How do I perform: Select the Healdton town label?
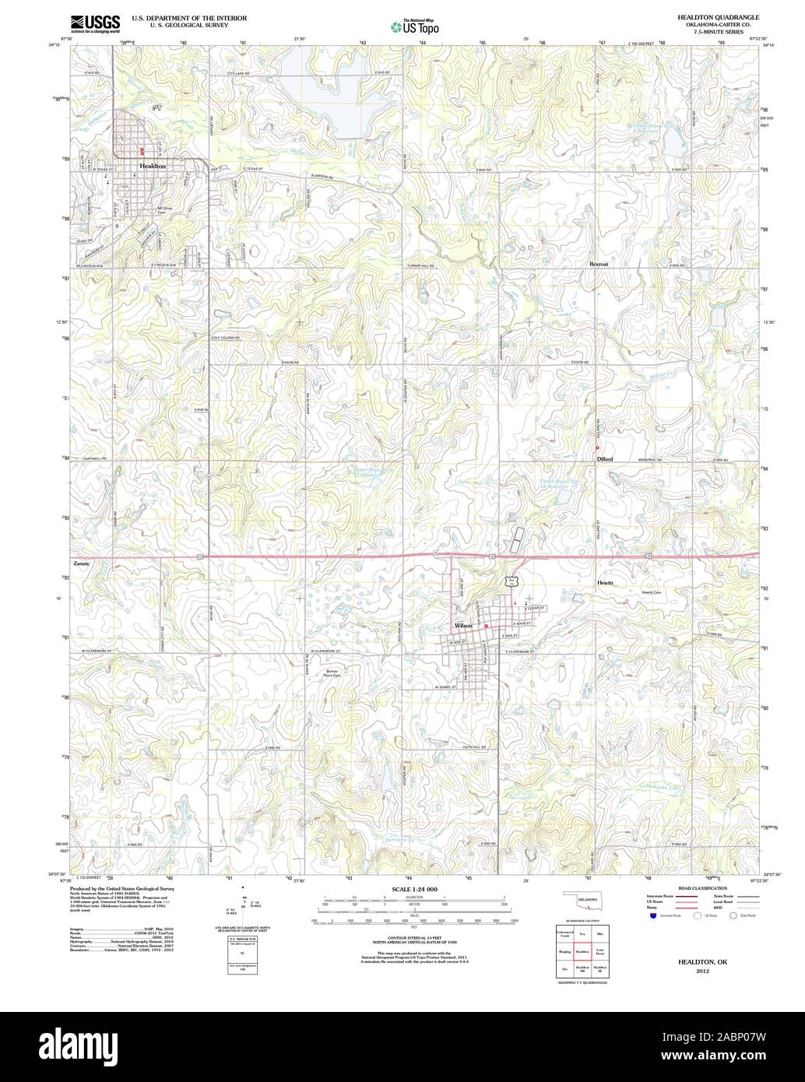click(152, 167)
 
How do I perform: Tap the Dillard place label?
click(605, 459)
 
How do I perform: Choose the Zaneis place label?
click(82, 563)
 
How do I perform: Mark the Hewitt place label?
click(606, 582)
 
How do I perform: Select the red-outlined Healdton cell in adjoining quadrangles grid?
click(582, 950)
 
